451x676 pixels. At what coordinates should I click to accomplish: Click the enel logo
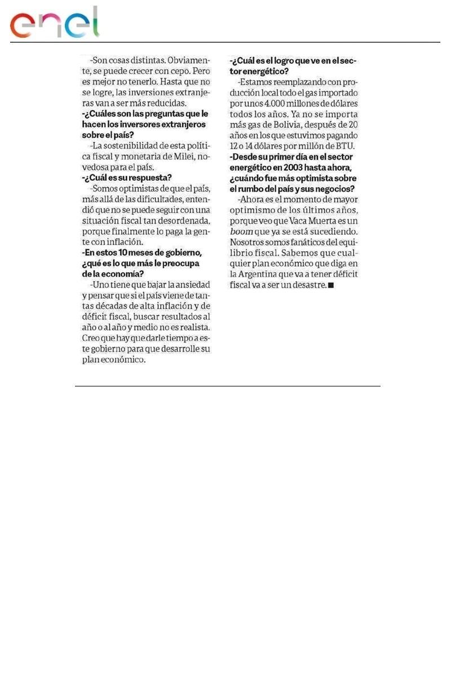pos(54,24)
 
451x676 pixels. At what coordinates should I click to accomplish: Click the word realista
pos(192,328)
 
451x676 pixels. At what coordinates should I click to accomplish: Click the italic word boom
pos(242,232)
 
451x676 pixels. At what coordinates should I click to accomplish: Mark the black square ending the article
pos(331,286)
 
